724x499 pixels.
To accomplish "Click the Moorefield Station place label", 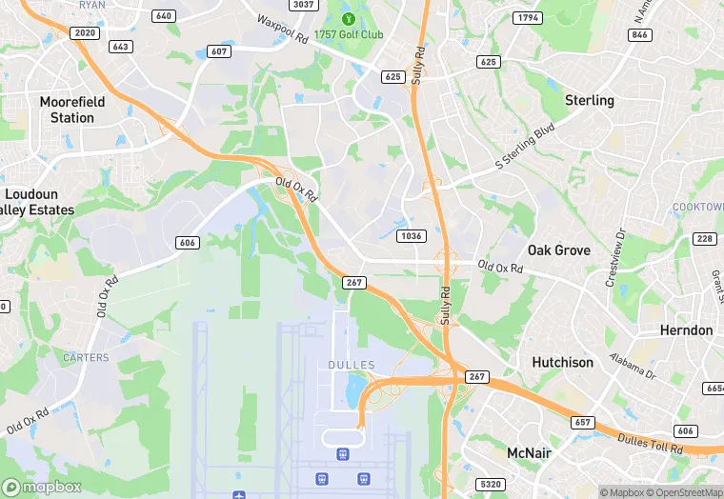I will coord(67,110).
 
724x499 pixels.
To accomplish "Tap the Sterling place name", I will coord(590,100).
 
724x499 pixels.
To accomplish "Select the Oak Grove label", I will coord(559,250).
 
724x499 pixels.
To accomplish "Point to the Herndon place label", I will coord(686,330).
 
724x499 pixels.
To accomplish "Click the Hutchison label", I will coord(562,362).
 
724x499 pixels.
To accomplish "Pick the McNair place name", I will coord(530,452).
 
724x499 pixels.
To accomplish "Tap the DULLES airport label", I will coord(351,365).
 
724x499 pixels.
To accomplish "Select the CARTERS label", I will coord(86,357).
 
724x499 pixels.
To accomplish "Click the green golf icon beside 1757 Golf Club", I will coord(347,18).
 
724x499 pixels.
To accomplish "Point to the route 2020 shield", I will coord(86,32).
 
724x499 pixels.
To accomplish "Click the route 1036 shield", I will coord(412,235).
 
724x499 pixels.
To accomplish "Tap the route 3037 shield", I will coord(303,5).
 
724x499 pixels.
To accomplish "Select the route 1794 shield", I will coord(526,17).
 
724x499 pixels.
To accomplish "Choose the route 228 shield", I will coord(706,238).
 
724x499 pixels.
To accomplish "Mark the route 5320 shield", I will coord(491,484).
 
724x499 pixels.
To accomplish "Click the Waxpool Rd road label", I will coord(282,30).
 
